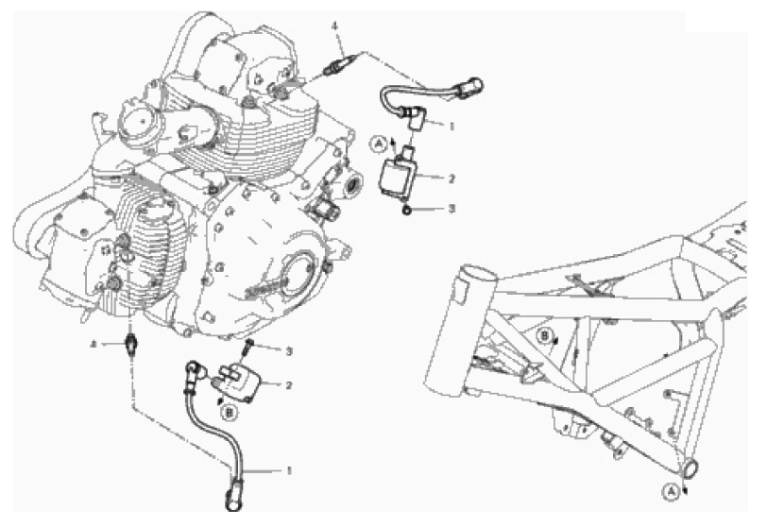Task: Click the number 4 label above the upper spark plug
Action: click(x=334, y=25)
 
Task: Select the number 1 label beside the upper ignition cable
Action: click(x=452, y=127)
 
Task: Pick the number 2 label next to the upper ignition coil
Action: click(x=452, y=178)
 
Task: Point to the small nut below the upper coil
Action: click(x=406, y=211)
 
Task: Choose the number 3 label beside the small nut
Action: click(x=452, y=209)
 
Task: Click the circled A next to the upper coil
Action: click(x=378, y=144)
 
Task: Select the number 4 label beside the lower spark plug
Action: click(x=93, y=345)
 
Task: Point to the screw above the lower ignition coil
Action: click(x=247, y=347)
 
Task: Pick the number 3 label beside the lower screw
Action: click(x=289, y=351)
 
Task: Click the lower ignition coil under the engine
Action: click(x=236, y=382)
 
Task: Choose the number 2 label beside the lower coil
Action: click(x=289, y=385)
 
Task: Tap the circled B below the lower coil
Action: click(x=229, y=413)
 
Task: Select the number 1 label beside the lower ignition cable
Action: click(x=289, y=470)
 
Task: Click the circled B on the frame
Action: click(x=543, y=336)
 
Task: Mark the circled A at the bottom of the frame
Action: click(x=671, y=492)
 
